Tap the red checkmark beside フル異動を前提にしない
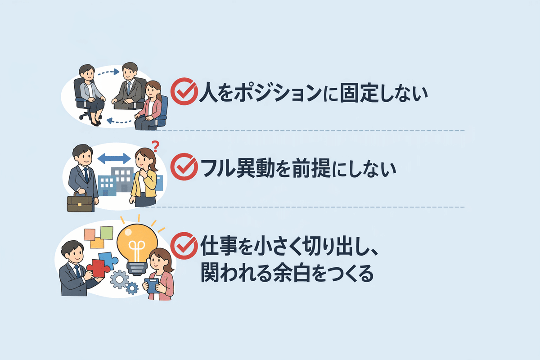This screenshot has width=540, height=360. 184,167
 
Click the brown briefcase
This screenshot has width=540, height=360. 79,203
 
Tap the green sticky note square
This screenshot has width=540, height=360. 106,232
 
